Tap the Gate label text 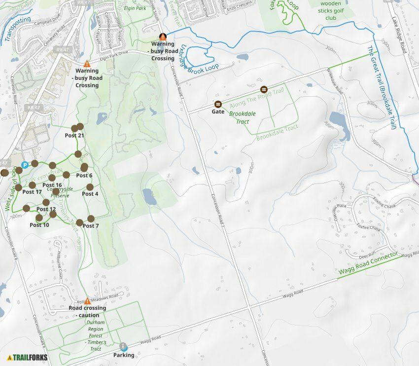218,112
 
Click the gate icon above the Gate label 218,104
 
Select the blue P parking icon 24,165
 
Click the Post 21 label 74,136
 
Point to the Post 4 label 90,194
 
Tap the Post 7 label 91,226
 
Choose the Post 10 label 39,225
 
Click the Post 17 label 32,192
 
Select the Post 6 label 84,175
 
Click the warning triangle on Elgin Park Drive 87,64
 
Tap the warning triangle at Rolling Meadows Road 87,301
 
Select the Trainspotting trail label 17,29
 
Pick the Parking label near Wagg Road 124,355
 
